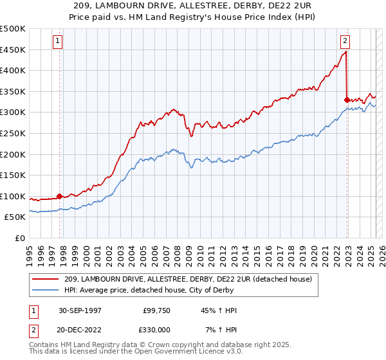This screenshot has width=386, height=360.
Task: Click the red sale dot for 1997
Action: click(60, 196)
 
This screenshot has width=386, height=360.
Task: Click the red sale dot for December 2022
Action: click(347, 100)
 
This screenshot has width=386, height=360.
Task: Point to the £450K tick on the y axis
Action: click(13, 50)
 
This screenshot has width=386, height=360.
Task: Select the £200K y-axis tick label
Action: click(13, 154)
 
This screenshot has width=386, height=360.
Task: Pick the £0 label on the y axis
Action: click(21, 238)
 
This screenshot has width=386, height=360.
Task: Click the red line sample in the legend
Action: click(46, 278)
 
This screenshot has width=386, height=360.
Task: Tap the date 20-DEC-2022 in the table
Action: click(81, 329)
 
